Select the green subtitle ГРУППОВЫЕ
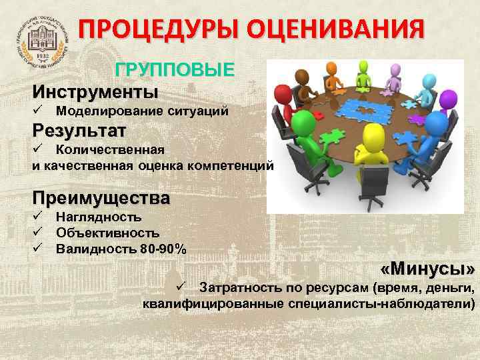[175, 70]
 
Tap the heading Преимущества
[101, 199]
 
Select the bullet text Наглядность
[99, 217]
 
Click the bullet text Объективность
[107, 233]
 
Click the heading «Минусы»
[427, 269]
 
